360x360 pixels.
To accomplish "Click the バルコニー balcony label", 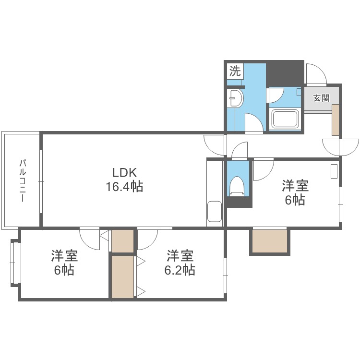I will pyautogui.click(x=22, y=180).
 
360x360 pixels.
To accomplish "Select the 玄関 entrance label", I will pyautogui.click(x=321, y=98).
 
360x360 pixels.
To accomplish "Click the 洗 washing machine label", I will pyautogui.click(x=235, y=72).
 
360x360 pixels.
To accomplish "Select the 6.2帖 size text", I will pyautogui.click(x=180, y=270).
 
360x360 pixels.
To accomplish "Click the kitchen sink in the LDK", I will pyautogui.click(x=214, y=212).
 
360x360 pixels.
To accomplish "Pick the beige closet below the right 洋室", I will pyautogui.click(x=270, y=241).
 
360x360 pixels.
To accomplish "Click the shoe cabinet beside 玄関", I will pyautogui.click(x=336, y=119).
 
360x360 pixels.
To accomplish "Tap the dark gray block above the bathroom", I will pyautogui.click(x=285, y=72).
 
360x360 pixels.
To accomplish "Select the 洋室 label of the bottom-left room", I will pyautogui.click(x=64, y=255).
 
